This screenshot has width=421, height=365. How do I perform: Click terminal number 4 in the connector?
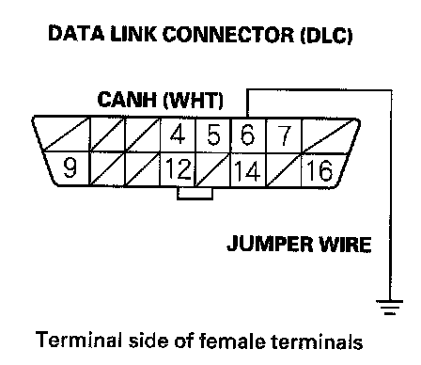pos(178,135)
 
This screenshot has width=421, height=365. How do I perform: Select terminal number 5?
pos(213,135)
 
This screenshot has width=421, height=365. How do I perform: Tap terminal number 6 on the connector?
pos(247,135)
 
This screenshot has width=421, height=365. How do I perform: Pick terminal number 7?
pos(285,135)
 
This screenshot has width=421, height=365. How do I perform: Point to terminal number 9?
pos(70,167)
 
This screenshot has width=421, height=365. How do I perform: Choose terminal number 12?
pos(178,169)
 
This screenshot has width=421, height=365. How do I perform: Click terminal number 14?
pos(247,171)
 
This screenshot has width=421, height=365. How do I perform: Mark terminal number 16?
pos(320,170)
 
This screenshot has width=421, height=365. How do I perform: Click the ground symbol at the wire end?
pos(390,308)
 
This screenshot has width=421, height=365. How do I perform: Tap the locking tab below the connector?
pos(195,194)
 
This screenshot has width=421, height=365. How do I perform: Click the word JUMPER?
pos(270,244)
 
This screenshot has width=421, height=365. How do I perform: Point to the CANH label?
pos(127,100)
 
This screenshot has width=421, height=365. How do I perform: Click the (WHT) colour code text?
pos(194,101)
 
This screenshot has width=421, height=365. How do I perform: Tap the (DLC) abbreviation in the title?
pos(326,35)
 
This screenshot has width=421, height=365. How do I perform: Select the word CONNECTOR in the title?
pos(228,34)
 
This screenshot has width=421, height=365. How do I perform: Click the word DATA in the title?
pos(76,33)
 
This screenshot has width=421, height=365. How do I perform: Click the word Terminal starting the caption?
pos(78,340)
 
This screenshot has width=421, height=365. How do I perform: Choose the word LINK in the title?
pos(133,34)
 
